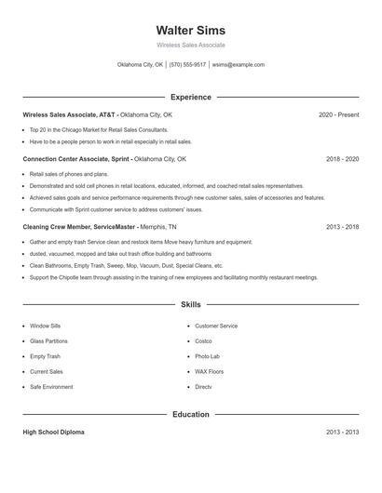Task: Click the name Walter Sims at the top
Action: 190,30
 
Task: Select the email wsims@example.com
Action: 238,65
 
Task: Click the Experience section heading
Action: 190,97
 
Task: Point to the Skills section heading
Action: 190,304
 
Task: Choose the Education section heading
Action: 190,414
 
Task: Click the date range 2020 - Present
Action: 338,114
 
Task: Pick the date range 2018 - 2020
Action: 342,159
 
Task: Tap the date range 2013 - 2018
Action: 342,226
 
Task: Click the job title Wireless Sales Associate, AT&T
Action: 70,114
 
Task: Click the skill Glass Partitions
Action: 48,341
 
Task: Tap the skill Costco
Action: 203,341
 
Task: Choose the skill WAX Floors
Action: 209,371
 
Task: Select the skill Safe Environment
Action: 51,386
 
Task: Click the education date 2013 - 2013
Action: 342,433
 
